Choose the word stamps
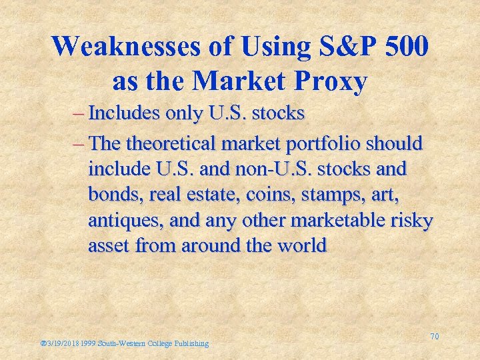pos(320,195)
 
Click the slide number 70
pos(434,337)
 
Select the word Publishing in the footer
pos(191,343)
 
